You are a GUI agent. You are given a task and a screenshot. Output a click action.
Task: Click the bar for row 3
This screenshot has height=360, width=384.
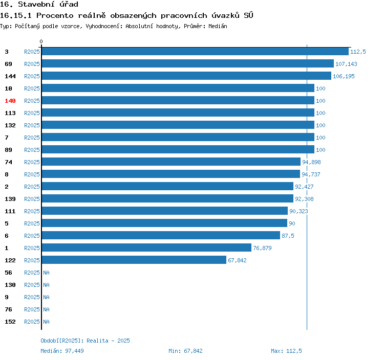point(195,52)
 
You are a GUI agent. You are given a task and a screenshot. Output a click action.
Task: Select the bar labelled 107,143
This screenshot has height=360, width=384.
point(187,64)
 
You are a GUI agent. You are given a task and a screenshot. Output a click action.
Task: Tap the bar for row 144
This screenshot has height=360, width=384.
point(186,76)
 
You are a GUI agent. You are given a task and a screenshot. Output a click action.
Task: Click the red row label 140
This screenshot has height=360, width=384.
point(10,101)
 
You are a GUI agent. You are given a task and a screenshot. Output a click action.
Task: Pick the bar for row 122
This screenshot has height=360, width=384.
point(134,260)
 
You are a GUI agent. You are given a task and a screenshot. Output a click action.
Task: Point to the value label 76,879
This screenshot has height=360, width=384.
point(262,248)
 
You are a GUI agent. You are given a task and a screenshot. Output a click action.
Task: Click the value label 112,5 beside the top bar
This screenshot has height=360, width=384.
point(358,52)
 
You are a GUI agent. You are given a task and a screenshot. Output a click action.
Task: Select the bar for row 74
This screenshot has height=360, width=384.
point(171,162)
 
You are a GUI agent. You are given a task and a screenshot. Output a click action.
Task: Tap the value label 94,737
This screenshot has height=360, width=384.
point(311,174)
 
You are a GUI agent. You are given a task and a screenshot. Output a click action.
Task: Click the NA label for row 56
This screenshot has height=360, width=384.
point(46,273)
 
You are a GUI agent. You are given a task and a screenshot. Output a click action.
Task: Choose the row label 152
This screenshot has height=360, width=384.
point(10,322)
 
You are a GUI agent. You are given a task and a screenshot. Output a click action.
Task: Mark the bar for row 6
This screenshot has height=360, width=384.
point(161,236)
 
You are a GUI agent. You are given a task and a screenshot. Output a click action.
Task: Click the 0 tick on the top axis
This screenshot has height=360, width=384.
point(41,42)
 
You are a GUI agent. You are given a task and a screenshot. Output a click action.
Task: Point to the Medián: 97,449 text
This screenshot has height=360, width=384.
point(62,351)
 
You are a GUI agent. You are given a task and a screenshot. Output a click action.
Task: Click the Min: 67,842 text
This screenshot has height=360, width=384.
point(185,351)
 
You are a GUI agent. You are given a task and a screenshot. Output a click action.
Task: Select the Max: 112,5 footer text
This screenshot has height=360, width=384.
point(286,351)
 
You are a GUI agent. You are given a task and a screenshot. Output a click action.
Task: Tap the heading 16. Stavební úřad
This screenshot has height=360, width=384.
point(39,5)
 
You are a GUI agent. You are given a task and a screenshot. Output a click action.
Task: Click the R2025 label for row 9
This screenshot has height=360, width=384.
point(32,297)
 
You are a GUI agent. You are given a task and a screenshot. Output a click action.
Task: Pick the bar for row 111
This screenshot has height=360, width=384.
point(164,211)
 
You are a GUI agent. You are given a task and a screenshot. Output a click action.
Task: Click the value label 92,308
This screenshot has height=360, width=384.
point(304,199)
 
